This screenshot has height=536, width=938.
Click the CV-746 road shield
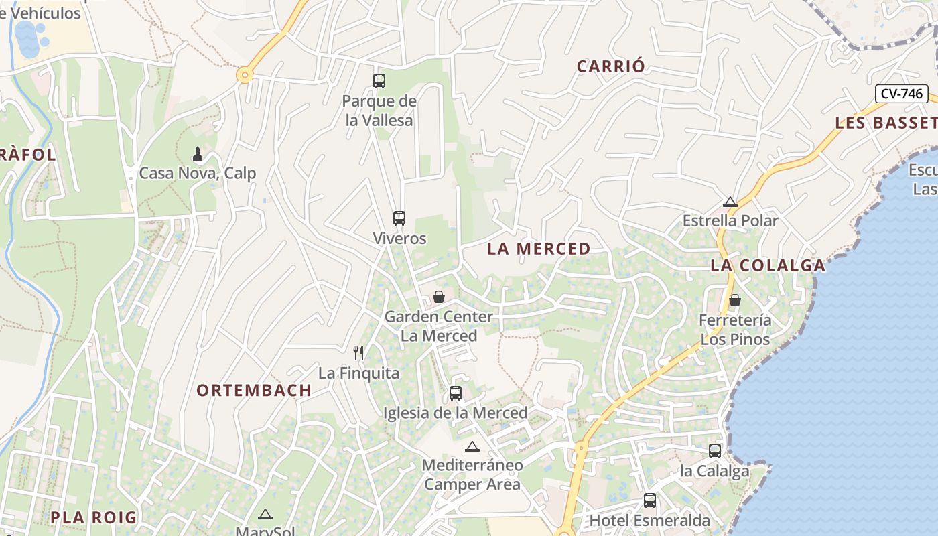point(901,94)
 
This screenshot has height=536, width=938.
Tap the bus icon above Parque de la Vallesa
point(379,81)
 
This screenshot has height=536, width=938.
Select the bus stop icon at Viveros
point(399,218)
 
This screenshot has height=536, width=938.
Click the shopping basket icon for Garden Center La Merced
point(439,297)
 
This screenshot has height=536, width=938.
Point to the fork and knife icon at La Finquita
point(359,353)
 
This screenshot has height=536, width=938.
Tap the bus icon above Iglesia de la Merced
point(456,393)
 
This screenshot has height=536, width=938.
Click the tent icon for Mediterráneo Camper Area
point(472,446)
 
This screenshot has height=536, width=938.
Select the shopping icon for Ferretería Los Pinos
point(735,300)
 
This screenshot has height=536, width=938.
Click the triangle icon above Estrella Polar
point(730,202)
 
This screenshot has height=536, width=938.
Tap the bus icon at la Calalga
point(715,451)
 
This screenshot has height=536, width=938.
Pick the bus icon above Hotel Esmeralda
point(649,500)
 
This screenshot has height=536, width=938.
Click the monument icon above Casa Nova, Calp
point(198,154)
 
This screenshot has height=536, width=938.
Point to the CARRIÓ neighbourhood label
point(610,66)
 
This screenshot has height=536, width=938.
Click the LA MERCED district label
point(539,249)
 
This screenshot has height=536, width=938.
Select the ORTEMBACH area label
point(254,390)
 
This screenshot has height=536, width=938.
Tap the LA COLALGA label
point(768,265)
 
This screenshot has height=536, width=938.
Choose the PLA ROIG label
point(93,517)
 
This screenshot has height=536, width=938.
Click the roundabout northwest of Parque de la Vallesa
point(245,76)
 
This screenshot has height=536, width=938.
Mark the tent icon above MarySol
point(265,515)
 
